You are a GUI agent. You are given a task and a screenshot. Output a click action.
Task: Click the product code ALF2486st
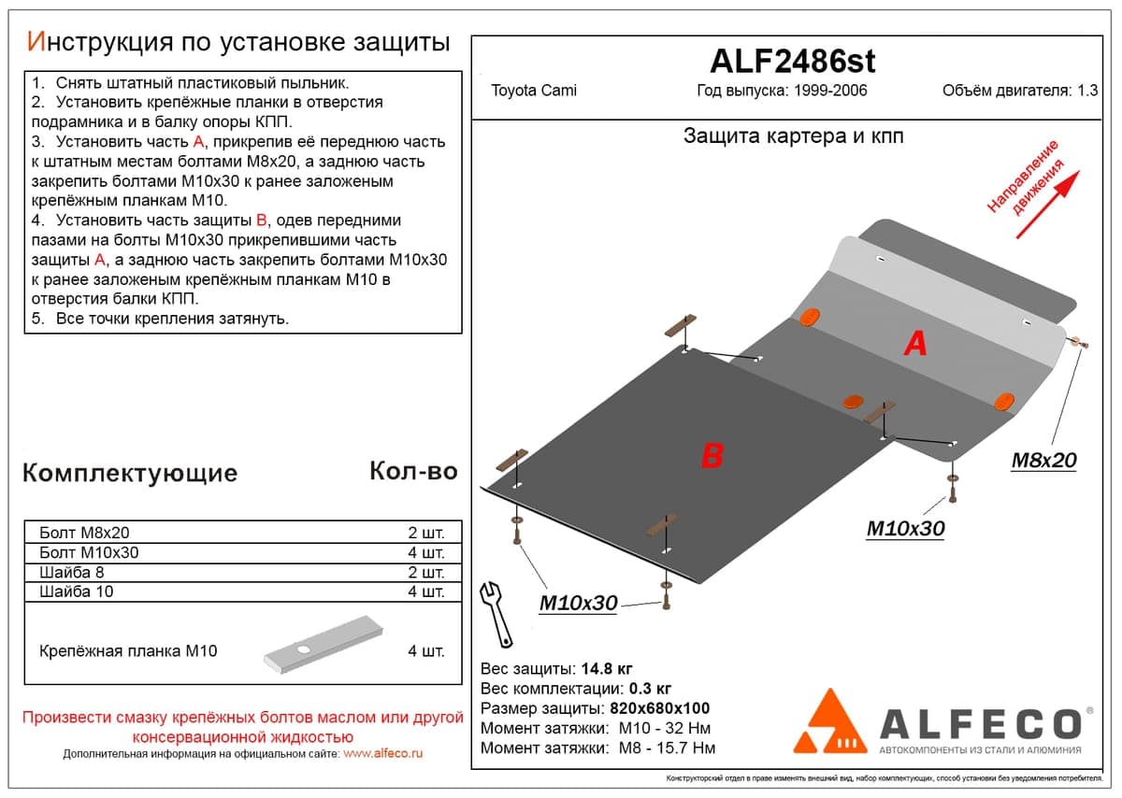point(792,62)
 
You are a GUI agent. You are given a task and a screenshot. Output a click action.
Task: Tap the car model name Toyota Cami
point(534,91)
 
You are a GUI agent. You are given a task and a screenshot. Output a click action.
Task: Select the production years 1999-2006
point(830,91)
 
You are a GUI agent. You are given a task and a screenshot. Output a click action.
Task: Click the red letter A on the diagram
point(915,344)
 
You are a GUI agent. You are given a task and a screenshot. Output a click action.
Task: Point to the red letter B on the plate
point(712,456)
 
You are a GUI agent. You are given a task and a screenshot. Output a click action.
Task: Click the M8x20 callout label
point(1043,461)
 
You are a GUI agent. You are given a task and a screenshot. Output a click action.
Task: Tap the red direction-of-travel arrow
point(1048,205)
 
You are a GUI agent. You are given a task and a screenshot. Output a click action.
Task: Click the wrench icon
point(496,614)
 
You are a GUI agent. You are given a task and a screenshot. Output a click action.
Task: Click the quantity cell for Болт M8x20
point(425,533)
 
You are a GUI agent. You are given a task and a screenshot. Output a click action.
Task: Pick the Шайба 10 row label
point(76,591)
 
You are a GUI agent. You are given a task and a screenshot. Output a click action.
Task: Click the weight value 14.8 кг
point(607,669)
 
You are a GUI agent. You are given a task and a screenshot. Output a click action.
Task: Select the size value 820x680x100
point(660,708)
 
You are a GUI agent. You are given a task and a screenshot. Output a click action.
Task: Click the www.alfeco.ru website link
point(383,753)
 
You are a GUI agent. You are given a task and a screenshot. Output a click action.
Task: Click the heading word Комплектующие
point(130,474)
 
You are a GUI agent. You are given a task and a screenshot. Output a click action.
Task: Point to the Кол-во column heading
point(413,471)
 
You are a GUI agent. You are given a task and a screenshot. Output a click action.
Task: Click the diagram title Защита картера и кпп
point(794,136)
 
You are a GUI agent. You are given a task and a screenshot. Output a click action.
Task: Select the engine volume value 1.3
point(1087,91)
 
